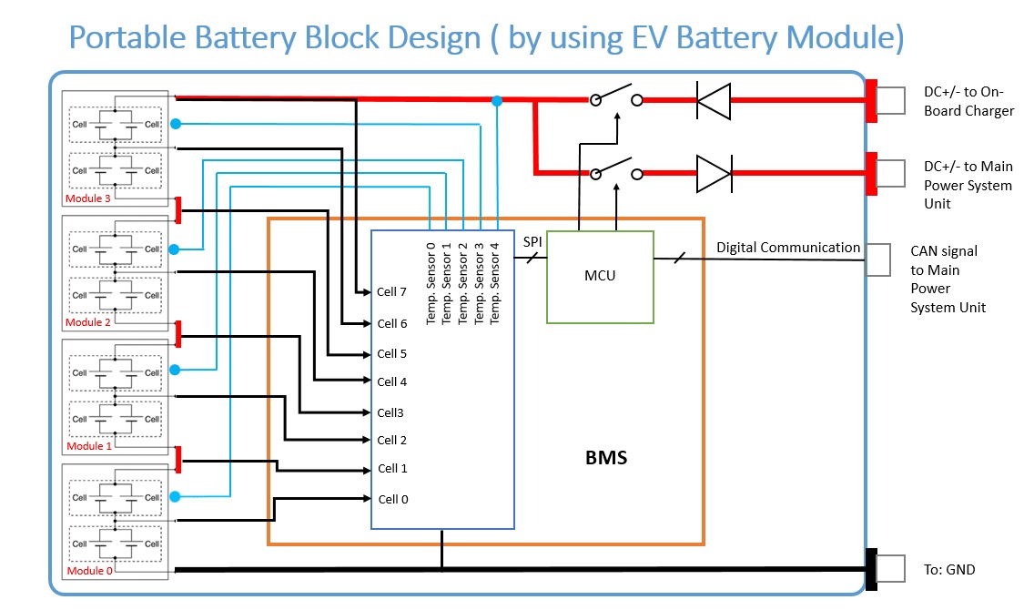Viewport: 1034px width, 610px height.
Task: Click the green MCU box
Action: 600,277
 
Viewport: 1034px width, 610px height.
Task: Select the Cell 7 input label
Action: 392,292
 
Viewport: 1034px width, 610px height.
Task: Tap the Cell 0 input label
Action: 392,499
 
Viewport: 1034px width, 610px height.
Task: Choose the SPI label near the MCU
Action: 532,242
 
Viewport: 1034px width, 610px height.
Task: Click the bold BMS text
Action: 606,458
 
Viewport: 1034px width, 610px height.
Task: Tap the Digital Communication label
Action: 787,248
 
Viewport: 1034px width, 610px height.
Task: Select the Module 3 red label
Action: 88,198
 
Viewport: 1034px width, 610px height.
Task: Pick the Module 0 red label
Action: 88,570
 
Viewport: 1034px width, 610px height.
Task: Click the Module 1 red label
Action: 88,446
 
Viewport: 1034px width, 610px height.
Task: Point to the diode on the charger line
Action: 714,100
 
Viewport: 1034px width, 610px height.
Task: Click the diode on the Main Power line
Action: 714,173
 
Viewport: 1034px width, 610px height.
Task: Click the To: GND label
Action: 948,570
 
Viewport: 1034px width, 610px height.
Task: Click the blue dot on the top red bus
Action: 496,100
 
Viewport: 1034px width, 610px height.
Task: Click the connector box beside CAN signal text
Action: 878,259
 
